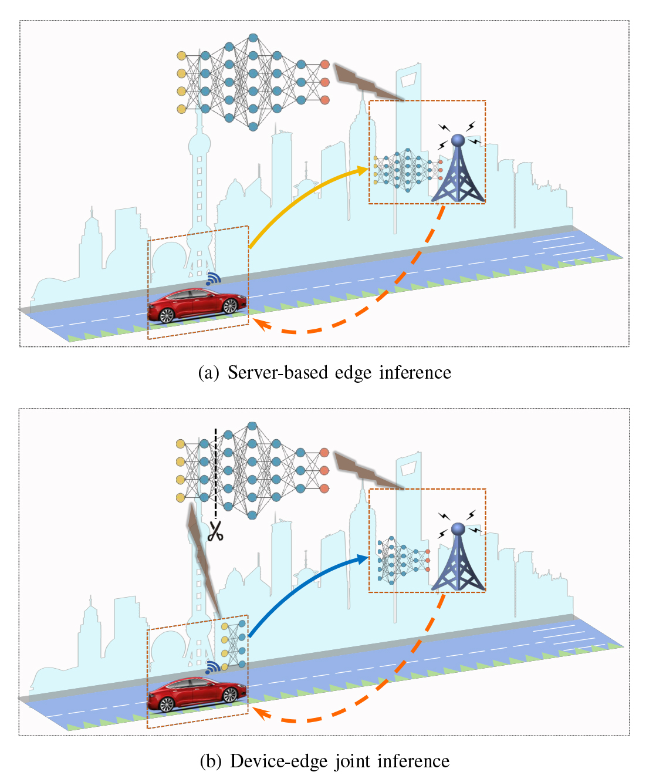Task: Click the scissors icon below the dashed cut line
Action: click(215, 531)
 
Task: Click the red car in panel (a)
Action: click(197, 305)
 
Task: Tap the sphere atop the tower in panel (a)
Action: click(458, 140)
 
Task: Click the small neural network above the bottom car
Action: click(234, 645)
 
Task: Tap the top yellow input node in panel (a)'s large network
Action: click(181, 56)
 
